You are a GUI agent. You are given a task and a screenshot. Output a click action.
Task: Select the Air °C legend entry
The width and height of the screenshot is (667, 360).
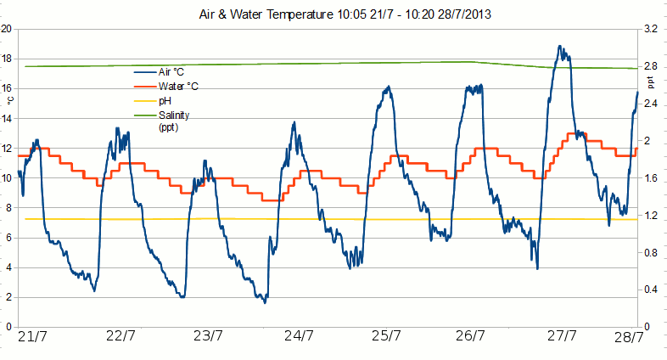click(x=171, y=73)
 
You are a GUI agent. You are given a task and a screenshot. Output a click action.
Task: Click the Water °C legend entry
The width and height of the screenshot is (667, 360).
click(x=178, y=87)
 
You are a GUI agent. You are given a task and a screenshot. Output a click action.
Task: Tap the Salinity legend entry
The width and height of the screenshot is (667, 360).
click(x=174, y=115)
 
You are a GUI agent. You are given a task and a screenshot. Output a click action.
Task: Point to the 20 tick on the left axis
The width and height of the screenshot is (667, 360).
click(x=6, y=29)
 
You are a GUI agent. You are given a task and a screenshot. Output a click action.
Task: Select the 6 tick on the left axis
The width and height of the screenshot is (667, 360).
click(x=8, y=238)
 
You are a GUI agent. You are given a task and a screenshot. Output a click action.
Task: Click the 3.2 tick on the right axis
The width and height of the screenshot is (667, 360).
click(x=651, y=29)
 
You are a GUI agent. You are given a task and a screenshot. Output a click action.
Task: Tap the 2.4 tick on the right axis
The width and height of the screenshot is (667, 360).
click(x=651, y=104)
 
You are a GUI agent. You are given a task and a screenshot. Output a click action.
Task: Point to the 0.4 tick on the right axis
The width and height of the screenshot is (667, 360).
click(x=651, y=290)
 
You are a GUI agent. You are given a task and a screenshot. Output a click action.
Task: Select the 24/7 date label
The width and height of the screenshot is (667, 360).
click(x=296, y=336)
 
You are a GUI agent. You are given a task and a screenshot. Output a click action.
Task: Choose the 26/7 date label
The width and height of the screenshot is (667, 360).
click(x=472, y=336)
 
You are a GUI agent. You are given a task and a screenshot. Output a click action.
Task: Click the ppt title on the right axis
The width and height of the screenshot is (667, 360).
click(x=651, y=82)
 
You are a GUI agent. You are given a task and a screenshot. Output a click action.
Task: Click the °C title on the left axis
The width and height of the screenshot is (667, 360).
click(x=11, y=98)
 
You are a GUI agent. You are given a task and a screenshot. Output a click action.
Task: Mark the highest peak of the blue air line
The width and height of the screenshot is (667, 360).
click(x=560, y=47)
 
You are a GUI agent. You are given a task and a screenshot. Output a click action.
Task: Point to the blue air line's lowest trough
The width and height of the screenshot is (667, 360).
click(x=265, y=302)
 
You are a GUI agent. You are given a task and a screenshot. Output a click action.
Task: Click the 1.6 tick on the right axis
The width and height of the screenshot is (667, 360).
click(x=651, y=178)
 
